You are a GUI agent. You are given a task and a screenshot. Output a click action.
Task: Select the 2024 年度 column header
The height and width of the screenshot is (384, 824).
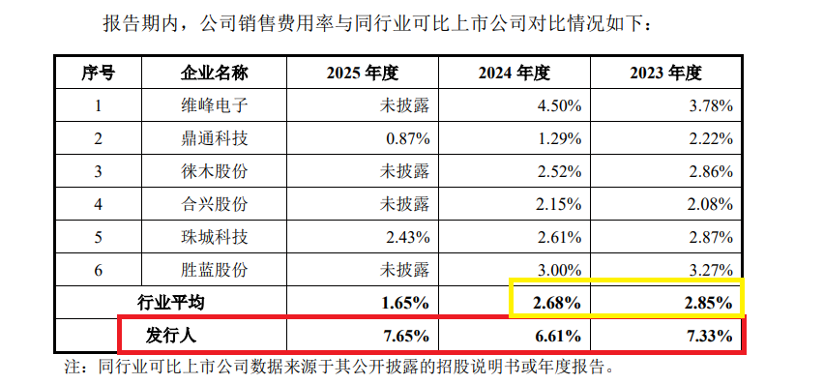point(515,74)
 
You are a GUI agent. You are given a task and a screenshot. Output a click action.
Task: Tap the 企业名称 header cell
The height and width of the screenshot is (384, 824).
point(215,74)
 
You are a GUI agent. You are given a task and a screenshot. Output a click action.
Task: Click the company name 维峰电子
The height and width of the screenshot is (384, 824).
point(215,105)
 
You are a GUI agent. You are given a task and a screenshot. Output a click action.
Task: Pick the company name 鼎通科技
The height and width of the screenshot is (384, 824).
point(215,138)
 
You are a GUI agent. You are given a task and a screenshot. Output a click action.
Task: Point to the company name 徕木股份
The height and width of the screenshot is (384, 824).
point(215,171)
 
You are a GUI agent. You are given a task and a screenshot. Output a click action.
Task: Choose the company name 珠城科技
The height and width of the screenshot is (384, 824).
point(215,237)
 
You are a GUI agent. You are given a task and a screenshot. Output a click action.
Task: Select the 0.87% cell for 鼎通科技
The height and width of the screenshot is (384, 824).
point(407,138)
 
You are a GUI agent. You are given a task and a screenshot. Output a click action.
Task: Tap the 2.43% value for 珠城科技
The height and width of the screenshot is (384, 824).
point(407,237)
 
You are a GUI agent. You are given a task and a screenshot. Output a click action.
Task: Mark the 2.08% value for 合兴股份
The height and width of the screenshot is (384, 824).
point(709,204)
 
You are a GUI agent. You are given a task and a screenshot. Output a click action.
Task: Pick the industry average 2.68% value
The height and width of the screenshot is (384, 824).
point(556,303)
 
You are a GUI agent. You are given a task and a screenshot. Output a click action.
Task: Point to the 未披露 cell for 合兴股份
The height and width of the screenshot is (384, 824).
point(406,204)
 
